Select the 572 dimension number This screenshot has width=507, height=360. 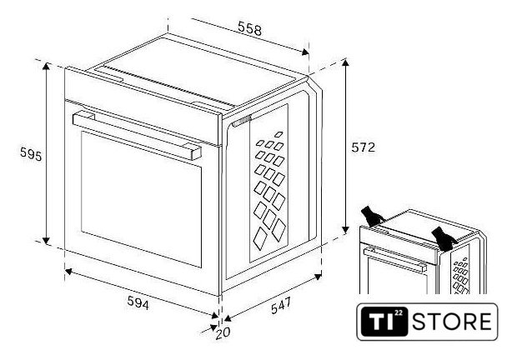(x=363, y=147)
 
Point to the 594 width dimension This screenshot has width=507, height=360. (x=138, y=305)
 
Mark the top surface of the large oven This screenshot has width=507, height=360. (x=192, y=71)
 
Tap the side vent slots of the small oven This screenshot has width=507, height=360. (x=461, y=275)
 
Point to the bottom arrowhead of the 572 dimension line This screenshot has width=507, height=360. (x=344, y=232)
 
